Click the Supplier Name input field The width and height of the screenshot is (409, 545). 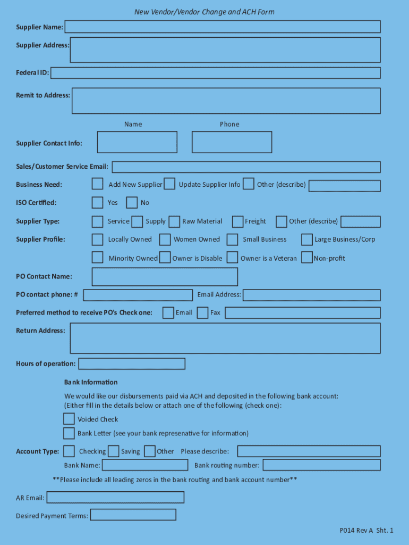pos(222,27)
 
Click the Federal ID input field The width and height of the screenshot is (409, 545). pos(215,73)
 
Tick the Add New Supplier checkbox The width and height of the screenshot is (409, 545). pos(97,184)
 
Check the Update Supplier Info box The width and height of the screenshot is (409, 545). pos(169,184)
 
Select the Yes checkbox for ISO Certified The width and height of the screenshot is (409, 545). pos(97,202)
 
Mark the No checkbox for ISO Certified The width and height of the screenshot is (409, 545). pos(132,202)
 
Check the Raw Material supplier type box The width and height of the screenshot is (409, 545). pos(174,221)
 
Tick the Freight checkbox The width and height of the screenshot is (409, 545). pos(237,221)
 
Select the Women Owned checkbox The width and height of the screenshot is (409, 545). pos(165,240)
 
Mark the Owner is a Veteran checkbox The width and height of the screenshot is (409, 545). pos(232,258)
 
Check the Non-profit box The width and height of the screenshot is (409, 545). pos(306,258)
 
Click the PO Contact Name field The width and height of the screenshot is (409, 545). pos(165,277)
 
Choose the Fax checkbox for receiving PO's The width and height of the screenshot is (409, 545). pos(202,312)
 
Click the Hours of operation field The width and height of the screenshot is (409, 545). pos(132,364)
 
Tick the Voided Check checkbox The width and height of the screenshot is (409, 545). pos(69,419)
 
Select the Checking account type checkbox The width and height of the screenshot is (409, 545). pos(69,451)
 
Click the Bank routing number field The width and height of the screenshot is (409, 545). pos(321,465)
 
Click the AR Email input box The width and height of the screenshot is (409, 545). pos(115,498)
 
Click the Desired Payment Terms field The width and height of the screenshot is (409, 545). pos(133,515)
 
